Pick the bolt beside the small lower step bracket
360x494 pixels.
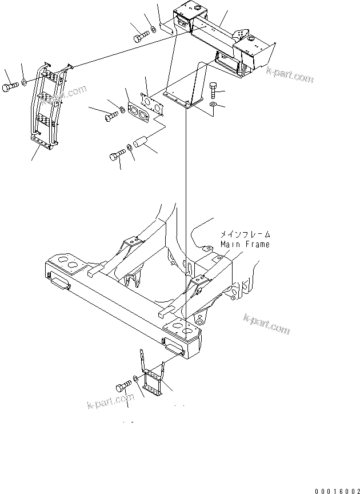click(123, 387)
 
